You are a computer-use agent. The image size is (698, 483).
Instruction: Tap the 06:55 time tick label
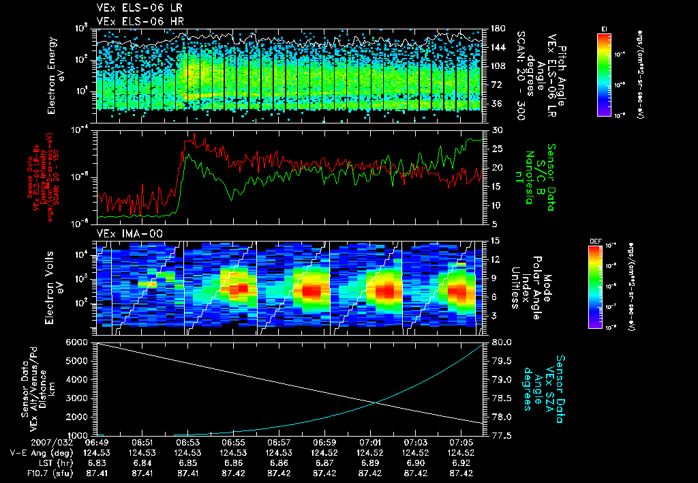[233, 443]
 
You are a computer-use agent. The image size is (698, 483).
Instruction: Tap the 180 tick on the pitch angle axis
[498, 29]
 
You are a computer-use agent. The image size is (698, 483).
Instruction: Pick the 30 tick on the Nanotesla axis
[496, 130]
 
